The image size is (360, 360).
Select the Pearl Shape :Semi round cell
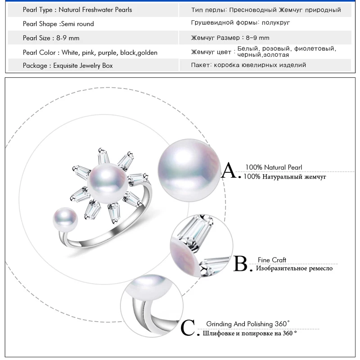(x=58, y=24)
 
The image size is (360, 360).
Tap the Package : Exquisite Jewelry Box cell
(x=67, y=66)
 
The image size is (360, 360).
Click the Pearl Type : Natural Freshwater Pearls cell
(x=77, y=9)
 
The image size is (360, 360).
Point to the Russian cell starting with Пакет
(x=248, y=65)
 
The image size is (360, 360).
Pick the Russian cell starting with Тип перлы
(x=266, y=9)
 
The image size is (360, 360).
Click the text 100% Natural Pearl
(x=274, y=167)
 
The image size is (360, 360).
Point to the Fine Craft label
(x=272, y=260)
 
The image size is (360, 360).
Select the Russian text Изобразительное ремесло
(x=294, y=269)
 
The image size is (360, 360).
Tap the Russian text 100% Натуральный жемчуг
(x=285, y=177)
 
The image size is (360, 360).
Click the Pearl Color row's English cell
(x=90, y=53)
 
